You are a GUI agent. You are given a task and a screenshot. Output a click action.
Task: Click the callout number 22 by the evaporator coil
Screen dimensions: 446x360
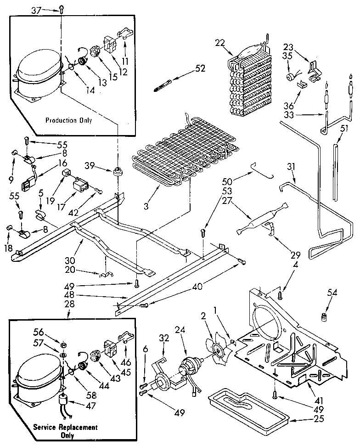point(221,43)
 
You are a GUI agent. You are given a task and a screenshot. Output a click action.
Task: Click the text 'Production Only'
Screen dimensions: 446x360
point(68,120)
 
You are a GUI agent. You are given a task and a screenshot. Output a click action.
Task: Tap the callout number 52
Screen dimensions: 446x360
point(200,68)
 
